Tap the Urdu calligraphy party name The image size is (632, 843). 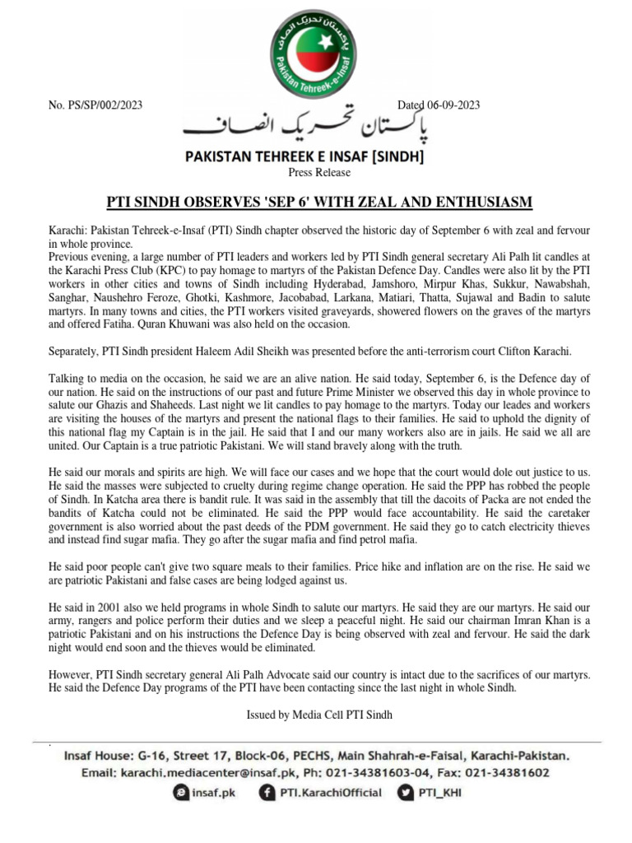[316, 127]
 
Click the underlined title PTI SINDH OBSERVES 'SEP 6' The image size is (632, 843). [316, 203]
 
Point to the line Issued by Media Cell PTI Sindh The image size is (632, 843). [319, 715]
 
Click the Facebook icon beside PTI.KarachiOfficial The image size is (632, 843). [267, 792]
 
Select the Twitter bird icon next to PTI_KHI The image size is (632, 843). [406, 792]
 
